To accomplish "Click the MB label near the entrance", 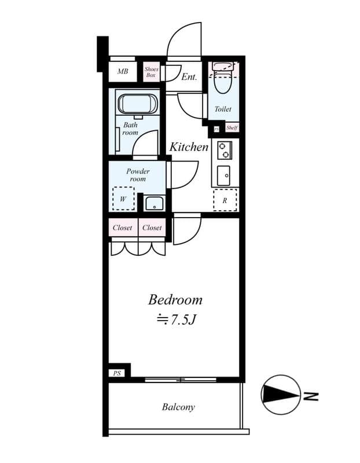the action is point(123,71).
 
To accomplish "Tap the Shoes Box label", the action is point(151,72).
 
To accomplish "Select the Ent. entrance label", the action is point(189,77).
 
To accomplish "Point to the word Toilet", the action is point(223,109).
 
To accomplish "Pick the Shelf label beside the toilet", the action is point(232,128).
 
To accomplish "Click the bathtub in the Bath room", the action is point(138,104).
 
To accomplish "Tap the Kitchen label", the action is point(189,147).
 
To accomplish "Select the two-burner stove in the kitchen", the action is point(225,150).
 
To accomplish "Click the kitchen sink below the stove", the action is point(223,175).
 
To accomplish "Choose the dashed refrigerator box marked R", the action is point(225,200).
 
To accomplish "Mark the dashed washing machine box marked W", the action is point(123,199).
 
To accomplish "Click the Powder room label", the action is point(138,175).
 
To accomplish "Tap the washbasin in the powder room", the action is point(154,204).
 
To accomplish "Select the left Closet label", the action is point(122,227).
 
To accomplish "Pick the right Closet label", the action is point(152,227).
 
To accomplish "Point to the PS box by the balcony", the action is point(117,373).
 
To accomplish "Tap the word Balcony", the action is point(178,407).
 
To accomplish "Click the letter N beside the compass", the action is point(311,396).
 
